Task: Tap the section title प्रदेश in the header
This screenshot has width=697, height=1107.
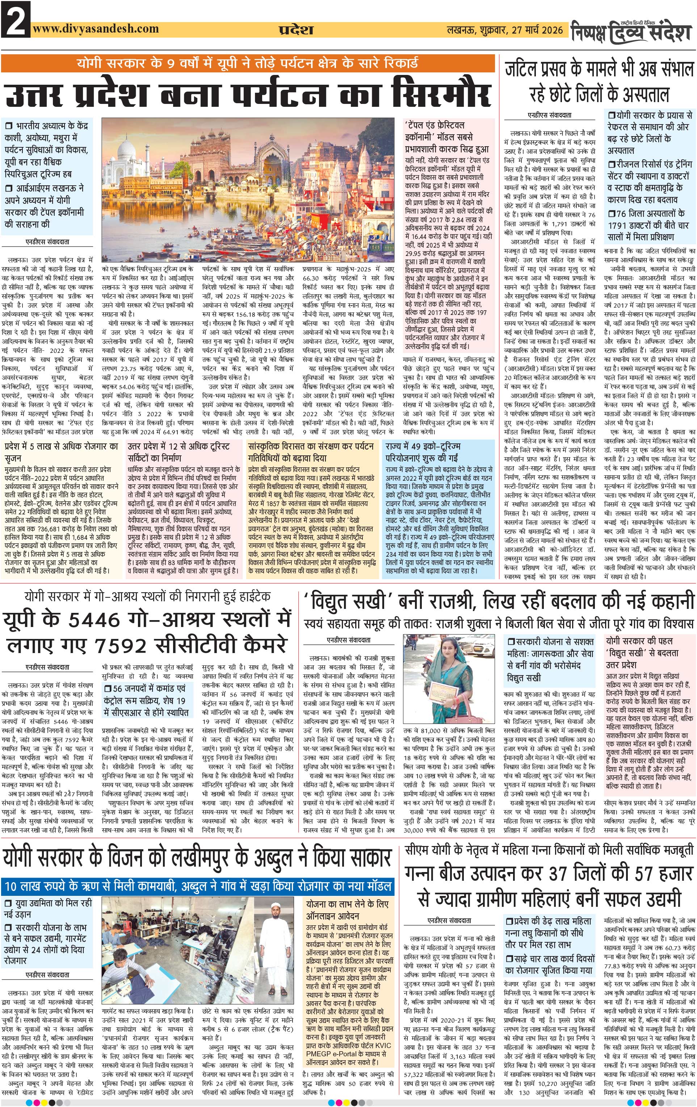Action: [295, 30]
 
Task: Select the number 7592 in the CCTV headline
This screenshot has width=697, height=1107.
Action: [121, 646]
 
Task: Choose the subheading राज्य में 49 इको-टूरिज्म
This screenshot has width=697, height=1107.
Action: [423, 446]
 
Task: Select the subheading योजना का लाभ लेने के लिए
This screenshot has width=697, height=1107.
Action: [347, 904]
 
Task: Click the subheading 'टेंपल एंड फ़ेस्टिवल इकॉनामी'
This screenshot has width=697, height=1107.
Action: [434, 125]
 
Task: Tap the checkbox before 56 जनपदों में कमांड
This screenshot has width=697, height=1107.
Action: [108, 688]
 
